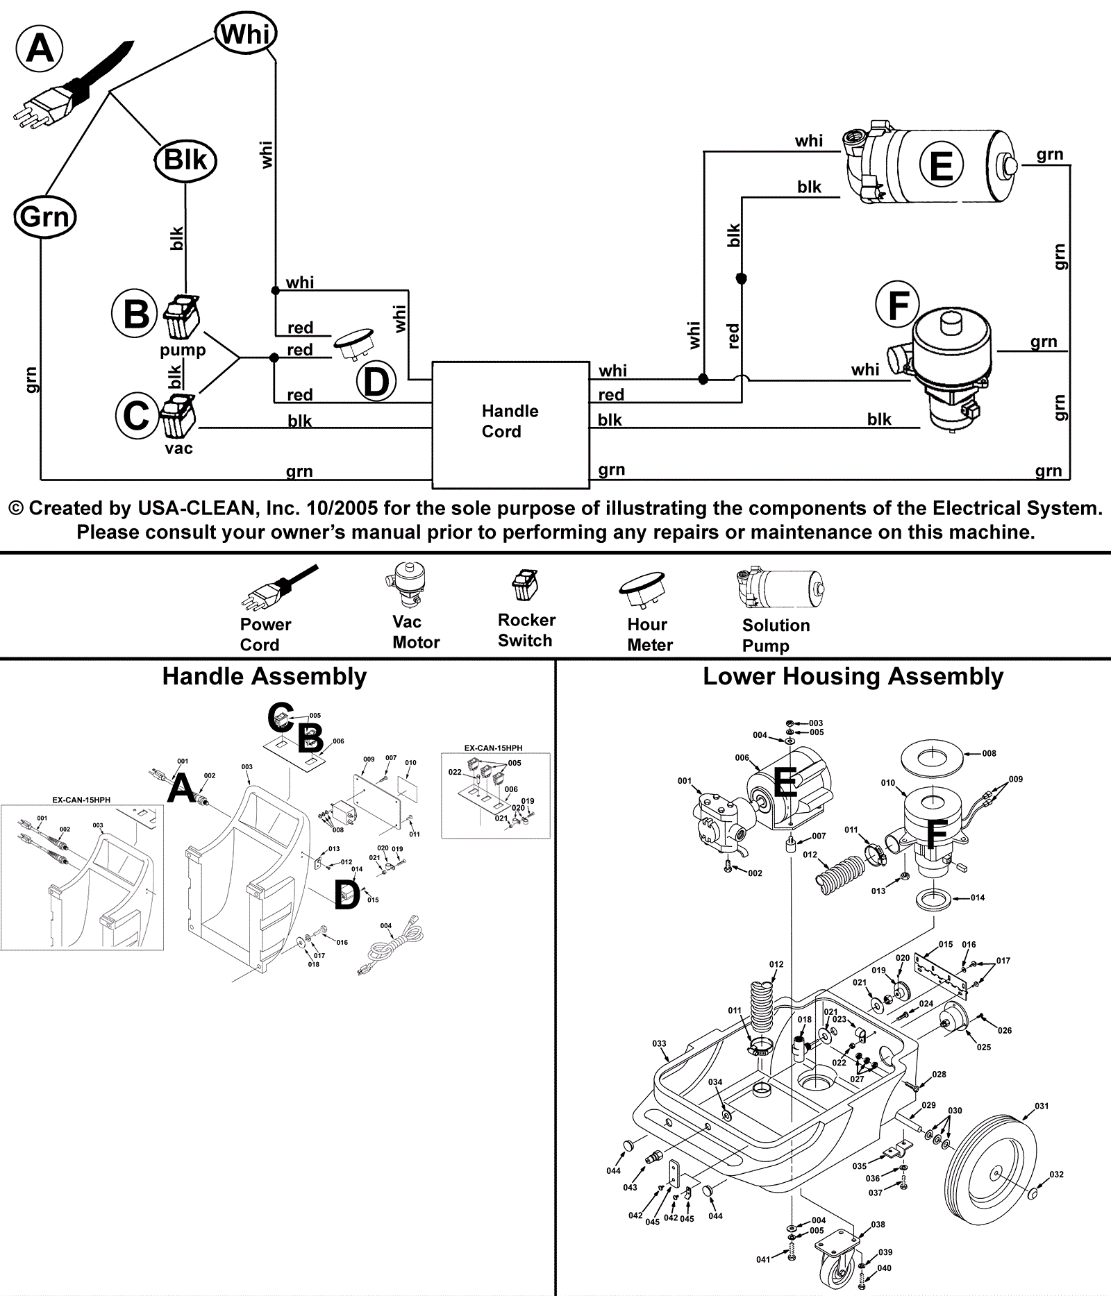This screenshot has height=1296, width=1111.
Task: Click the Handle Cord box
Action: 510,424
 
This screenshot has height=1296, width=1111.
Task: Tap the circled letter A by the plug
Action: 40,49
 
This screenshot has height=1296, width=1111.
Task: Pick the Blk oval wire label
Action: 185,160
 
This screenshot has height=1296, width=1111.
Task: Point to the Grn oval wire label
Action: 45,217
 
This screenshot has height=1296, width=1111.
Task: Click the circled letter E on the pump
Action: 941,167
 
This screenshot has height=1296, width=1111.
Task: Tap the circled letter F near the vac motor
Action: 898,305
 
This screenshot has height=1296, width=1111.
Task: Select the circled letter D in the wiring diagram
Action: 376,382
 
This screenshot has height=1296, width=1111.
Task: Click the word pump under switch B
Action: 183,349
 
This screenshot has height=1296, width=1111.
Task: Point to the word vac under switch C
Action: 178,448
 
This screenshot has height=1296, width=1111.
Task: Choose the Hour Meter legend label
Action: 649,634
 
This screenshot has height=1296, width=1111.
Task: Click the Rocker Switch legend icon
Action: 526,585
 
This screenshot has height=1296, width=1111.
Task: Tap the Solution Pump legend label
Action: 776,635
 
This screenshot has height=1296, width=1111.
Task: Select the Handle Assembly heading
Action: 265,676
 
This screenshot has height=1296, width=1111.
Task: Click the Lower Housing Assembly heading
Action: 853,676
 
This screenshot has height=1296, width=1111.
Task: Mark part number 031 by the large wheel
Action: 1042,1106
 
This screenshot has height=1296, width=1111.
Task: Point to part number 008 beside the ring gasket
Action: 989,753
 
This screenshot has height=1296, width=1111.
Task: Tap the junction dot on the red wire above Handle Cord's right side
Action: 741,278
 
